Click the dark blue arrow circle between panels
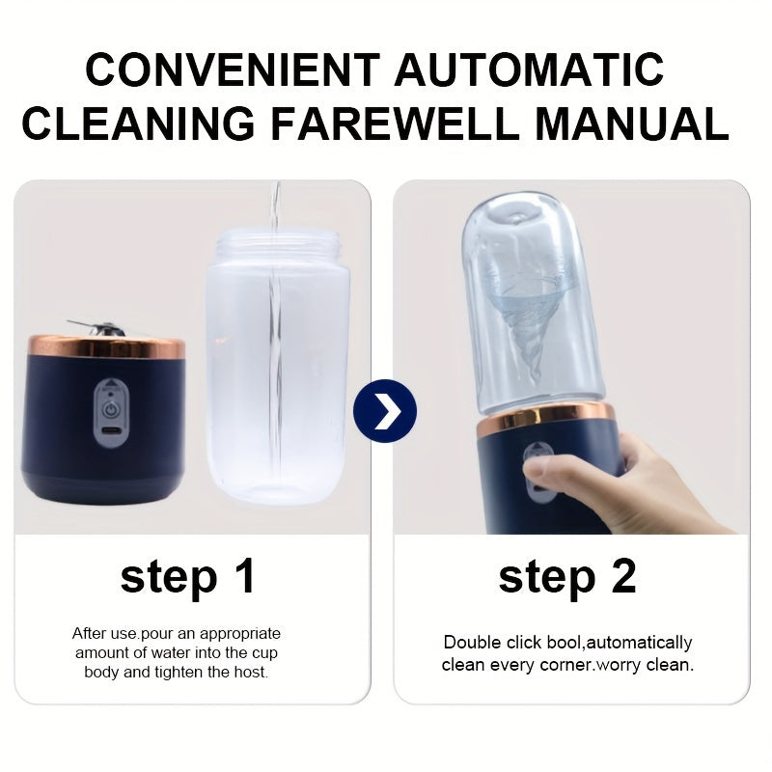[384, 412]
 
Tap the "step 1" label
[188, 576]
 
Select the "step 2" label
[567, 576]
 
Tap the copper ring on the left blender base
[104, 347]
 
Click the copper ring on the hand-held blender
[545, 417]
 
